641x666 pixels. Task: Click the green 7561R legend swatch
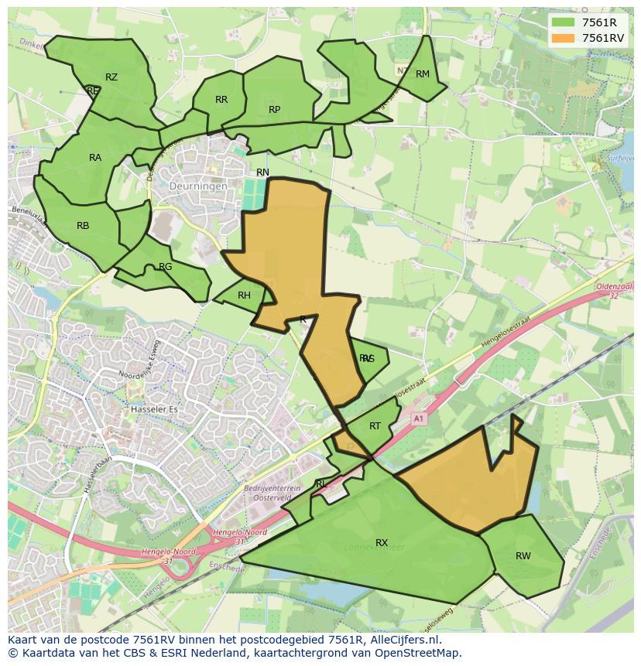(562, 22)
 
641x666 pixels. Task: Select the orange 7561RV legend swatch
(562, 37)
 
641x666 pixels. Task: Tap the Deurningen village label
(200, 186)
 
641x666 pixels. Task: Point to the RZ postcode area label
(111, 77)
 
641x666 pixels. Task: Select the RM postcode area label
(422, 74)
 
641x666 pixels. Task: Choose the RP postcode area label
(274, 110)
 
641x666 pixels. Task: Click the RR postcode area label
(221, 100)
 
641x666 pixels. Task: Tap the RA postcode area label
(95, 158)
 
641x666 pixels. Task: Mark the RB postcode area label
(83, 226)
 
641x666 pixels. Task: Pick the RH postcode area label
(244, 295)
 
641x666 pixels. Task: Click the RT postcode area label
(375, 426)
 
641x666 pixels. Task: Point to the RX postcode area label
(382, 543)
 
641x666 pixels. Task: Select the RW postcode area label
(523, 556)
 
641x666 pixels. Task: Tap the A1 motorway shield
(419, 418)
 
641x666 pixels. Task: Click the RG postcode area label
(165, 267)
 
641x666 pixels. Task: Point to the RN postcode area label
(262, 172)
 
